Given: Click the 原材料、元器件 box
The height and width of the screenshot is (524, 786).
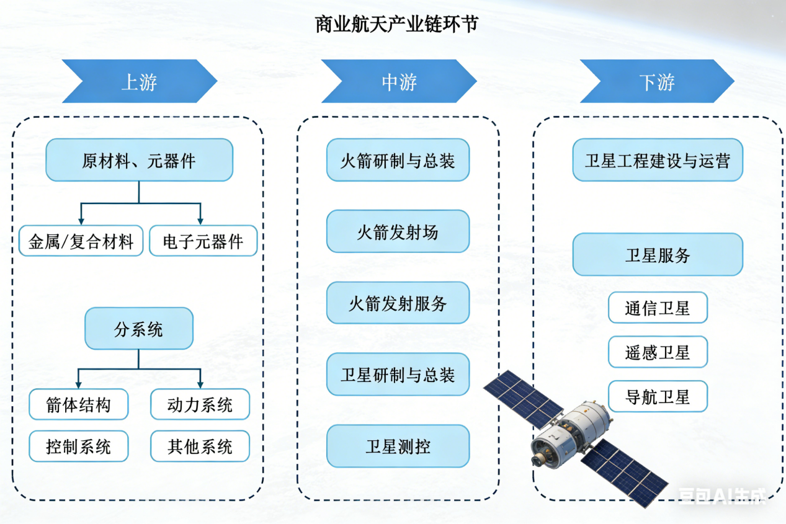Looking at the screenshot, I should (139, 161).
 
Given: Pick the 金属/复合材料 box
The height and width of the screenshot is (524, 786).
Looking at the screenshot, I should (81, 241).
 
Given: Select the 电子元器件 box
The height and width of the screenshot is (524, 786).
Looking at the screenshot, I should (203, 241).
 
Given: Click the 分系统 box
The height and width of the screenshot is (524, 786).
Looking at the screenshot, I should (139, 329).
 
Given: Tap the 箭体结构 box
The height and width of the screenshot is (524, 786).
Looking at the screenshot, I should (79, 404).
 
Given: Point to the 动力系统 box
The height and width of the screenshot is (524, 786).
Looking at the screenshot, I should (200, 404).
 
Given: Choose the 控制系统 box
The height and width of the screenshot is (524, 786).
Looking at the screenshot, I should (79, 446).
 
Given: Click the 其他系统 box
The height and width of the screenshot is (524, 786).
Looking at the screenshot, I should (200, 446).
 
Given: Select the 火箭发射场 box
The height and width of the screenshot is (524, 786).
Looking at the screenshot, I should (398, 231).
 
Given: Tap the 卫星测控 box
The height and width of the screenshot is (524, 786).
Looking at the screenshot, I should (398, 446).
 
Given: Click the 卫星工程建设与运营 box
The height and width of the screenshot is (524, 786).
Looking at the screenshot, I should (658, 160).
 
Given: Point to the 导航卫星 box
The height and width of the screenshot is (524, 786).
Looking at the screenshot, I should (658, 396).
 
